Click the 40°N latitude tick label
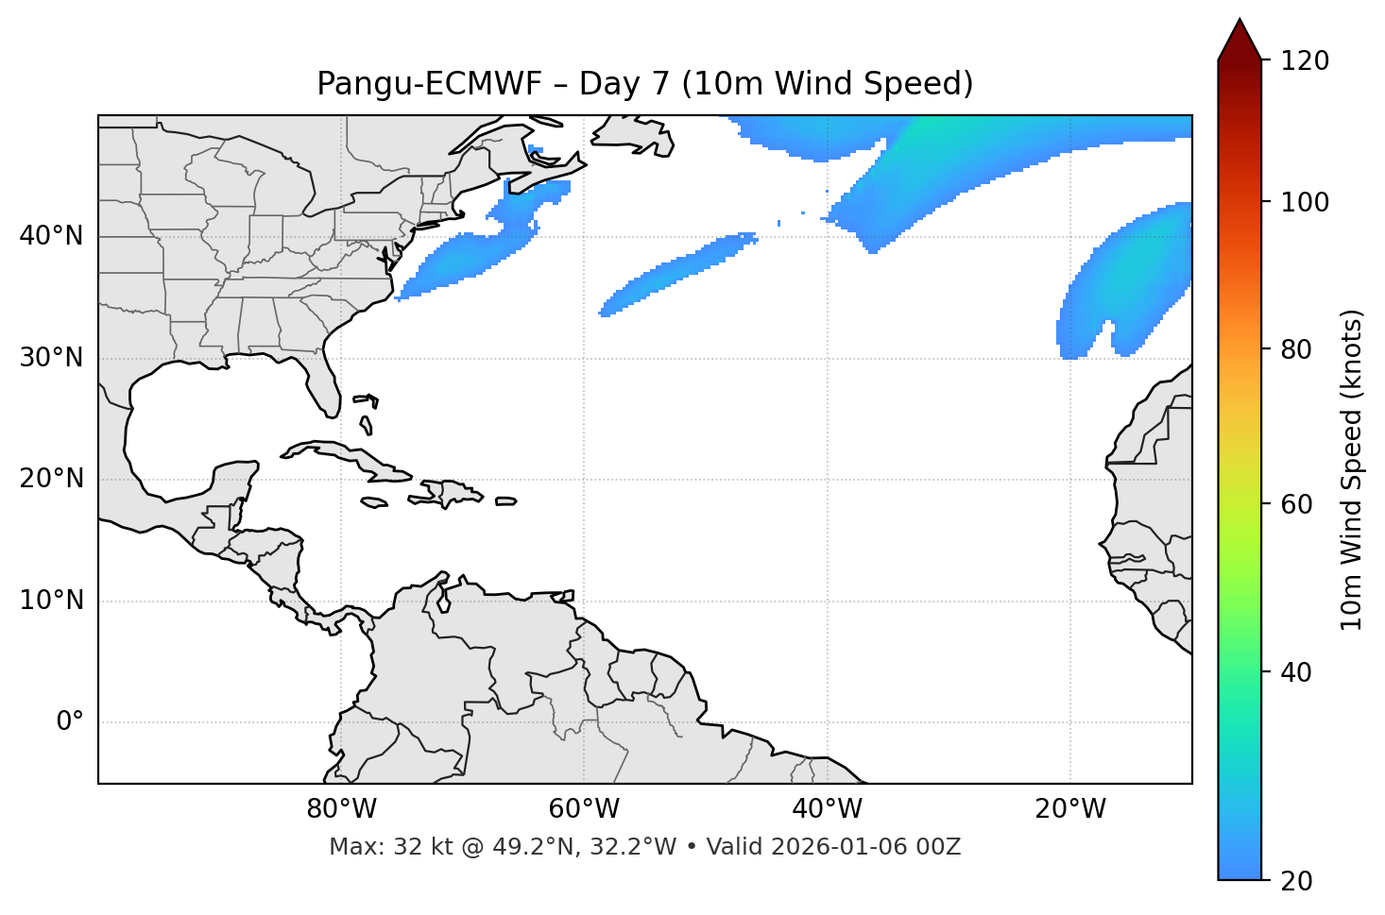click(51, 236)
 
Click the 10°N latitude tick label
click(51, 601)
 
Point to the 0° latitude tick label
click(70, 722)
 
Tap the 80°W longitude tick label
click(341, 809)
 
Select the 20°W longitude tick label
click(1070, 809)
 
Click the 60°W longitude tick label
click(584, 809)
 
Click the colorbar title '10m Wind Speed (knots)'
click(1352, 469)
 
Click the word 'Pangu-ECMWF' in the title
click(430, 84)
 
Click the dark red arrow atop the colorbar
click(1240, 41)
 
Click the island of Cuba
click(340, 454)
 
